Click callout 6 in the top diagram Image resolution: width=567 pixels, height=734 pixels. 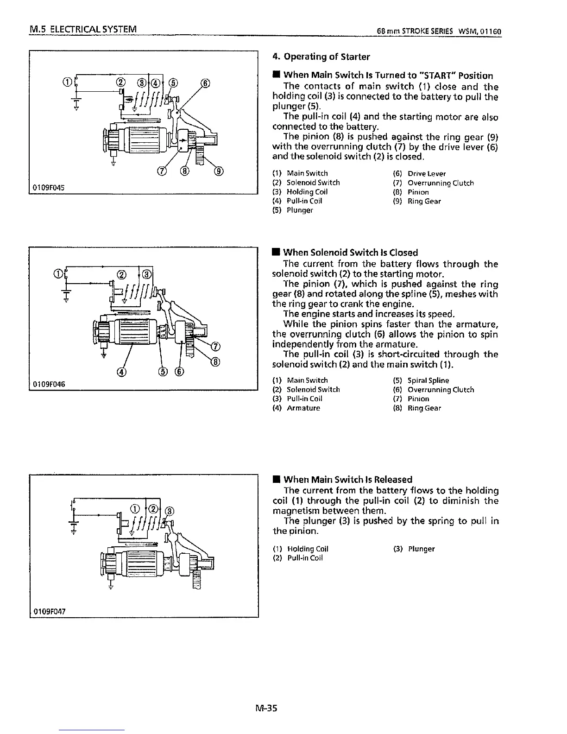[205, 83]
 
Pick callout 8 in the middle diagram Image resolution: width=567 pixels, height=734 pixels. [216, 362]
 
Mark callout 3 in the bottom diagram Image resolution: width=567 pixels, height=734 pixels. [170, 511]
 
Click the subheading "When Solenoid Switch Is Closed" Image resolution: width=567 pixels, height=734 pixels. [350, 253]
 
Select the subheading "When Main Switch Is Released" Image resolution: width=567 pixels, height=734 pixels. [347, 480]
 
